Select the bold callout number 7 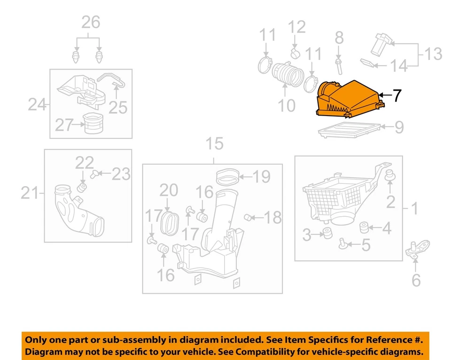[397, 95]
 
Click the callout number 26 [91, 22]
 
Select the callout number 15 [214, 144]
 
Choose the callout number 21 [29, 193]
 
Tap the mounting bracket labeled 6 [417, 249]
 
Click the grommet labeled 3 [326, 233]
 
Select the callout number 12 [296, 27]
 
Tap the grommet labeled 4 [363, 227]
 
